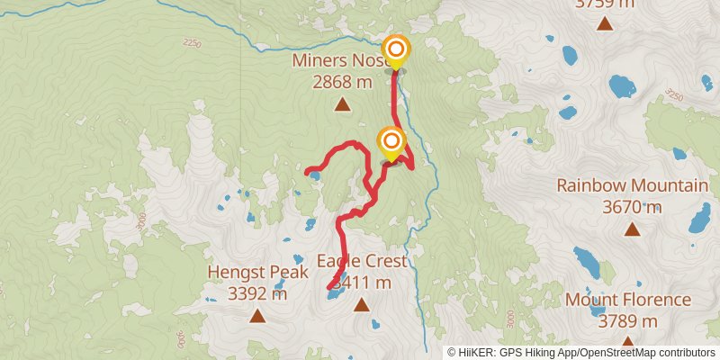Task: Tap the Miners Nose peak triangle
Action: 342,104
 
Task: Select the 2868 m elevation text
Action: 342,82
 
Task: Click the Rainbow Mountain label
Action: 632,186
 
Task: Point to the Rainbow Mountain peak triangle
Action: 633,229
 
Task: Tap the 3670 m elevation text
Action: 633,208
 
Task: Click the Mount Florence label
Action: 627,300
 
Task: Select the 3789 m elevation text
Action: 627,321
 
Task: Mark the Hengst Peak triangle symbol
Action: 257,315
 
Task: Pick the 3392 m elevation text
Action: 257,293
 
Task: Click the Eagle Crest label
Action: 362,262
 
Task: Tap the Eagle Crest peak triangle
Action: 362,305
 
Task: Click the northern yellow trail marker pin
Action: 394,50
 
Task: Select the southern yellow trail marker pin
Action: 391,141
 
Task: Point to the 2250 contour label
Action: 192,42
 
